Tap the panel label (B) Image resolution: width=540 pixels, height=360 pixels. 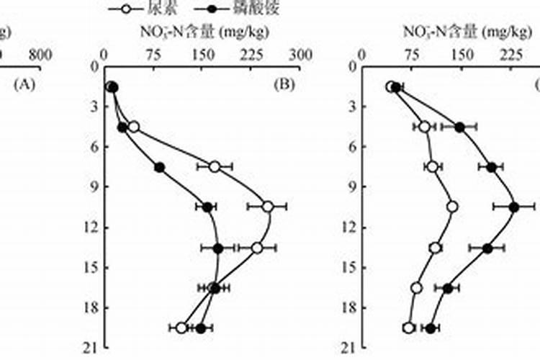285,85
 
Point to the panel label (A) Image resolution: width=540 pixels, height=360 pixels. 24,85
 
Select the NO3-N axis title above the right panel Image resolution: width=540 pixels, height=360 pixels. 454,32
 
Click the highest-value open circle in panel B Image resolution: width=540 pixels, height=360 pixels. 267,207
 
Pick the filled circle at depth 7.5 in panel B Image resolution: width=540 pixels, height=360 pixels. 160,167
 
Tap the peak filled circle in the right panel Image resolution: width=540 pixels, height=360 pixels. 514,207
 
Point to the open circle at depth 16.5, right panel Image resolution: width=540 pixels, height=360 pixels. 416,288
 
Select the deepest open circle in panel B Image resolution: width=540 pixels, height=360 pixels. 181,328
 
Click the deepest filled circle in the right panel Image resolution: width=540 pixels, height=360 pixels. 431,328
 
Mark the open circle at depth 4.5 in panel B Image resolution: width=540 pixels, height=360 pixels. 133,127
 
